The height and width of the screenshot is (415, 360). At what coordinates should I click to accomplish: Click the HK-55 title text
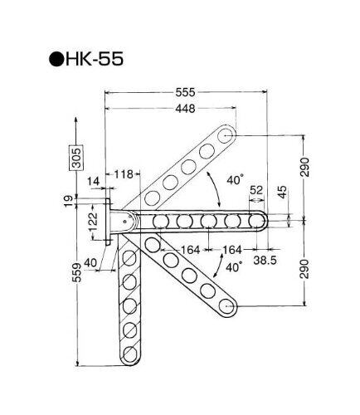click(x=94, y=59)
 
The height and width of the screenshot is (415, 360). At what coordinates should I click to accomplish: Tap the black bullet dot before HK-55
click(x=56, y=59)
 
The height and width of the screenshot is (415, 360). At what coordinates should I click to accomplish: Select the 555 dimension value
click(x=185, y=92)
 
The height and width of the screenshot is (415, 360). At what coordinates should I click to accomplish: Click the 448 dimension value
click(x=185, y=109)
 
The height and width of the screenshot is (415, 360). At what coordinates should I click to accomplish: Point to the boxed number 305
click(x=75, y=158)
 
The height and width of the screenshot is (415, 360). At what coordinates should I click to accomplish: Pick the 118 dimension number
click(x=124, y=174)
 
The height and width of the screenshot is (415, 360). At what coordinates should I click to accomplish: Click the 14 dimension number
click(x=93, y=182)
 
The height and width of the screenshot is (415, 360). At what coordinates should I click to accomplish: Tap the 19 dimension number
click(x=68, y=202)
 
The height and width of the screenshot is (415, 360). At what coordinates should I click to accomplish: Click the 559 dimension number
click(x=77, y=272)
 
